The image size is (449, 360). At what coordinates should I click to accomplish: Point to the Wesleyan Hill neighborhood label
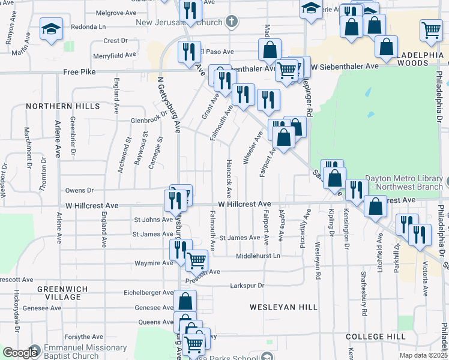(283, 307)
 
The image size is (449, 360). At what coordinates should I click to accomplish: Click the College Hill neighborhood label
(376, 337)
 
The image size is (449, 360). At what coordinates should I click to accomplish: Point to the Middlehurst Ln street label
(258, 256)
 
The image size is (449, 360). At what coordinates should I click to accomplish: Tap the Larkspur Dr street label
(247, 285)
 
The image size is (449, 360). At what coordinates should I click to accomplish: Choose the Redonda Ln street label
(88, 27)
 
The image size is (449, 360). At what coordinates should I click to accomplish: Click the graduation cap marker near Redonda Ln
(51, 28)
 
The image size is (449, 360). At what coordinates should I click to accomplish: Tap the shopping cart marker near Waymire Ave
(196, 261)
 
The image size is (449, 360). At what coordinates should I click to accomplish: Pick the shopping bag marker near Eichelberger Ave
(185, 301)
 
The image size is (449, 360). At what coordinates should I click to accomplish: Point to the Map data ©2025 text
(423, 355)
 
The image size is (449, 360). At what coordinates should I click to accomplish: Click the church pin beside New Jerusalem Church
(232, 22)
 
